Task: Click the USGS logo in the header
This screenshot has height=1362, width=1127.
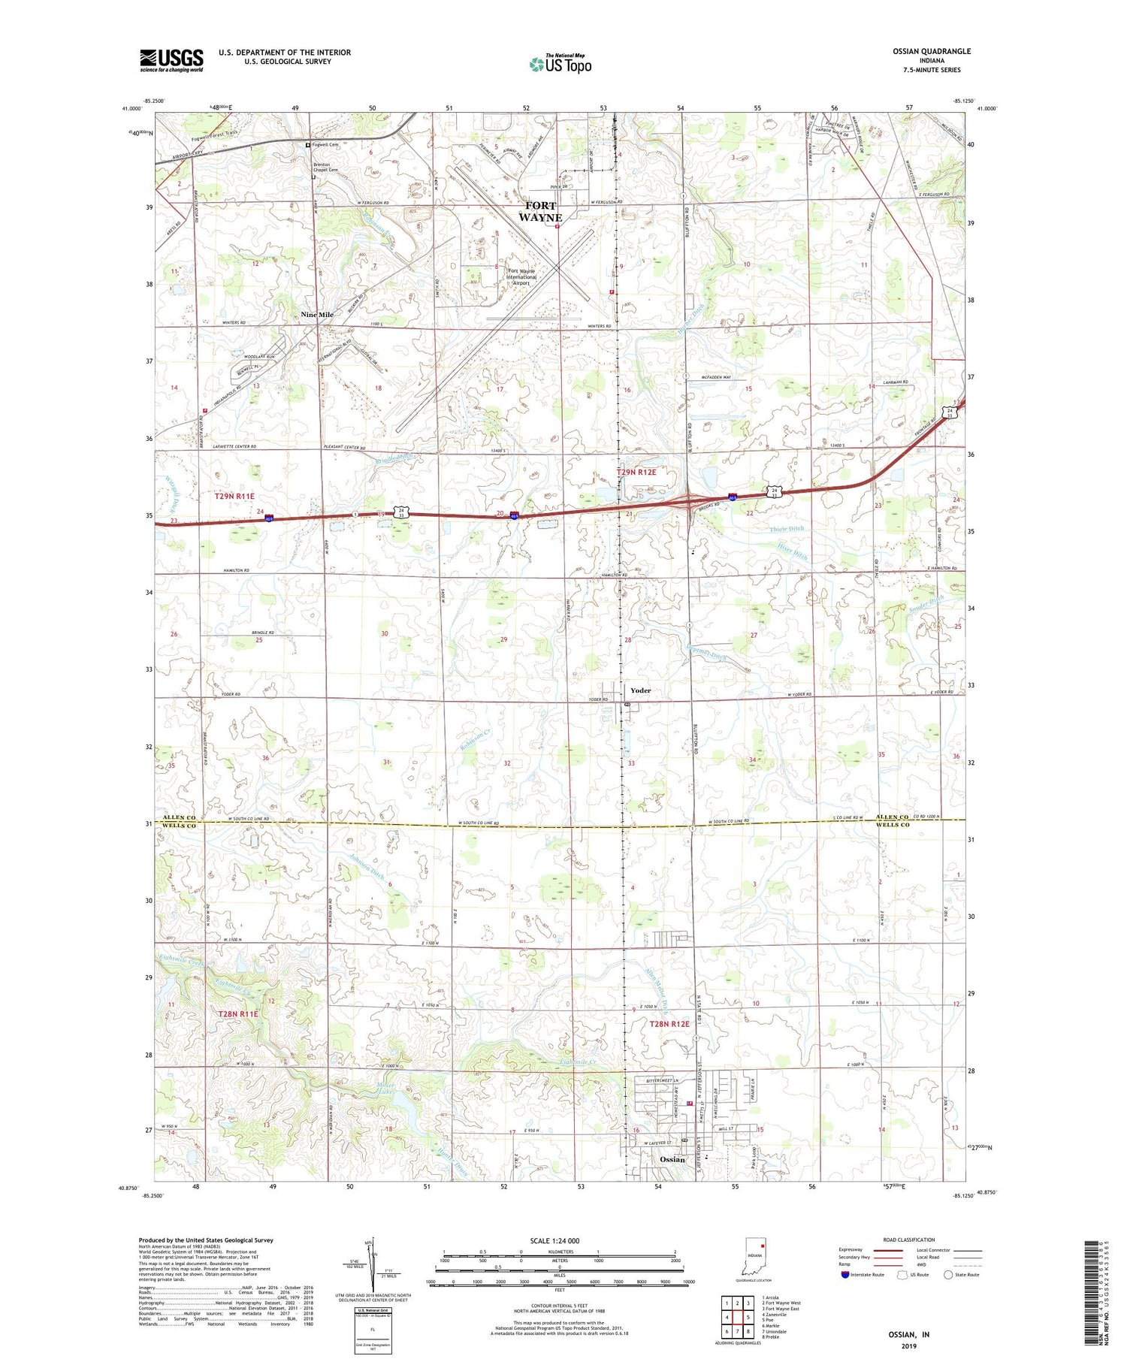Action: (x=171, y=60)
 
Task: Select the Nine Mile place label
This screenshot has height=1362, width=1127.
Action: (x=317, y=315)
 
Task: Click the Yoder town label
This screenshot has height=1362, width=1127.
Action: (x=640, y=690)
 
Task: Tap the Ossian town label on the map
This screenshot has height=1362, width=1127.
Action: (x=672, y=1159)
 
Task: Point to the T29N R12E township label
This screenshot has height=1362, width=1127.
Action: (x=641, y=473)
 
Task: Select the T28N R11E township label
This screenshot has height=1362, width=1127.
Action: (x=237, y=1014)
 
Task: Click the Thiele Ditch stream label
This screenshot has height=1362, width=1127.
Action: (x=787, y=529)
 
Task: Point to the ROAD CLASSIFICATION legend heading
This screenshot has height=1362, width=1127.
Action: (x=909, y=1240)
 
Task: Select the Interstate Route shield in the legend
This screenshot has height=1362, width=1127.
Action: (x=846, y=1275)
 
